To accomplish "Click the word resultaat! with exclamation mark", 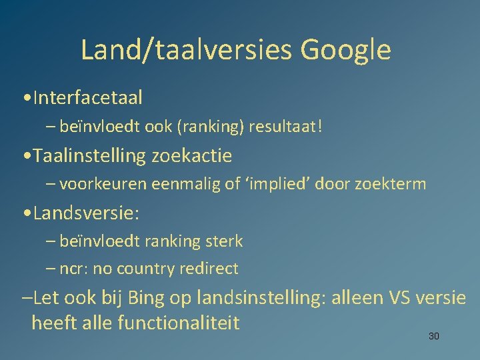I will coord(285,127).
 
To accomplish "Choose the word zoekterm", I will coord(391,184).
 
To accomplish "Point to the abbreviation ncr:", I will coord(75,269).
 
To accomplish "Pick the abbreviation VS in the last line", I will coord(399,298).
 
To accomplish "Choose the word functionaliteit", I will coord(178,323).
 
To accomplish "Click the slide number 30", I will coord(433,336).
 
